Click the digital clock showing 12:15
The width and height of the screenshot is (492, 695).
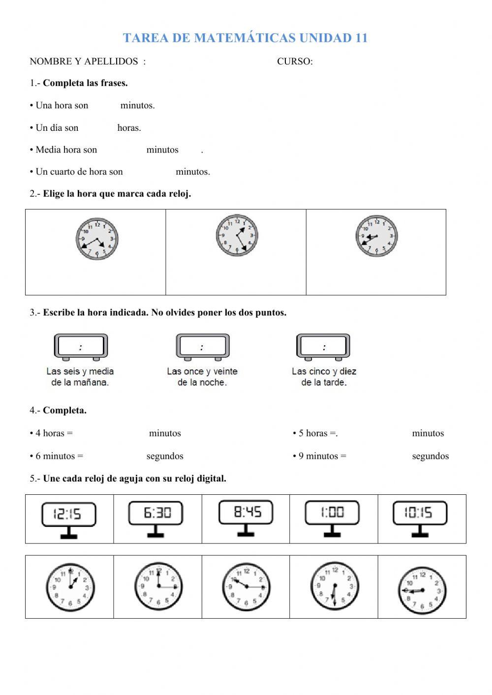(x=68, y=514)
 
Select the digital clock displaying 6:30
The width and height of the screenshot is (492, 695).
(x=156, y=514)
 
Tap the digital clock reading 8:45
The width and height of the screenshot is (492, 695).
(x=246, y=513)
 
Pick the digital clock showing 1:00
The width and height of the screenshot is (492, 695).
(x=332, y=513)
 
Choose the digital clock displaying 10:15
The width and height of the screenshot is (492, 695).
(x=420, y=513)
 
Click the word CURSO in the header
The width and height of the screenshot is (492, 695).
(x=294, y=61)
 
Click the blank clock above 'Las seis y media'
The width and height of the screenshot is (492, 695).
(x=81, y=347)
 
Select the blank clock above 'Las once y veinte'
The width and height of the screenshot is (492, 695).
(x=203, y=347)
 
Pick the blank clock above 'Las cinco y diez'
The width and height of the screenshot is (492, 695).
(x=323, y=347)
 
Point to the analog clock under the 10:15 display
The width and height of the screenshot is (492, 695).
(x=422, y=590)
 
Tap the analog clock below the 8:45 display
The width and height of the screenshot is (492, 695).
(x=246, y=587)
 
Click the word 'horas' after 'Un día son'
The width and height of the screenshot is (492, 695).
(x=129, y=128)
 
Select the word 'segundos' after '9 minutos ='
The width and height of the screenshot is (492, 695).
(x=430, y=456)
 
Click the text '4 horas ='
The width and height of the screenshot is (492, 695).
(x=54, y=433)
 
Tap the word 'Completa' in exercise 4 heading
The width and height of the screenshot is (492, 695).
(x=64, y=410)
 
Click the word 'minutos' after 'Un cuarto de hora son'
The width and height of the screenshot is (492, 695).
(x=192, y=172)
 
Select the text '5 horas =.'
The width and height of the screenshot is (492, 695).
(x=318, y=433)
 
